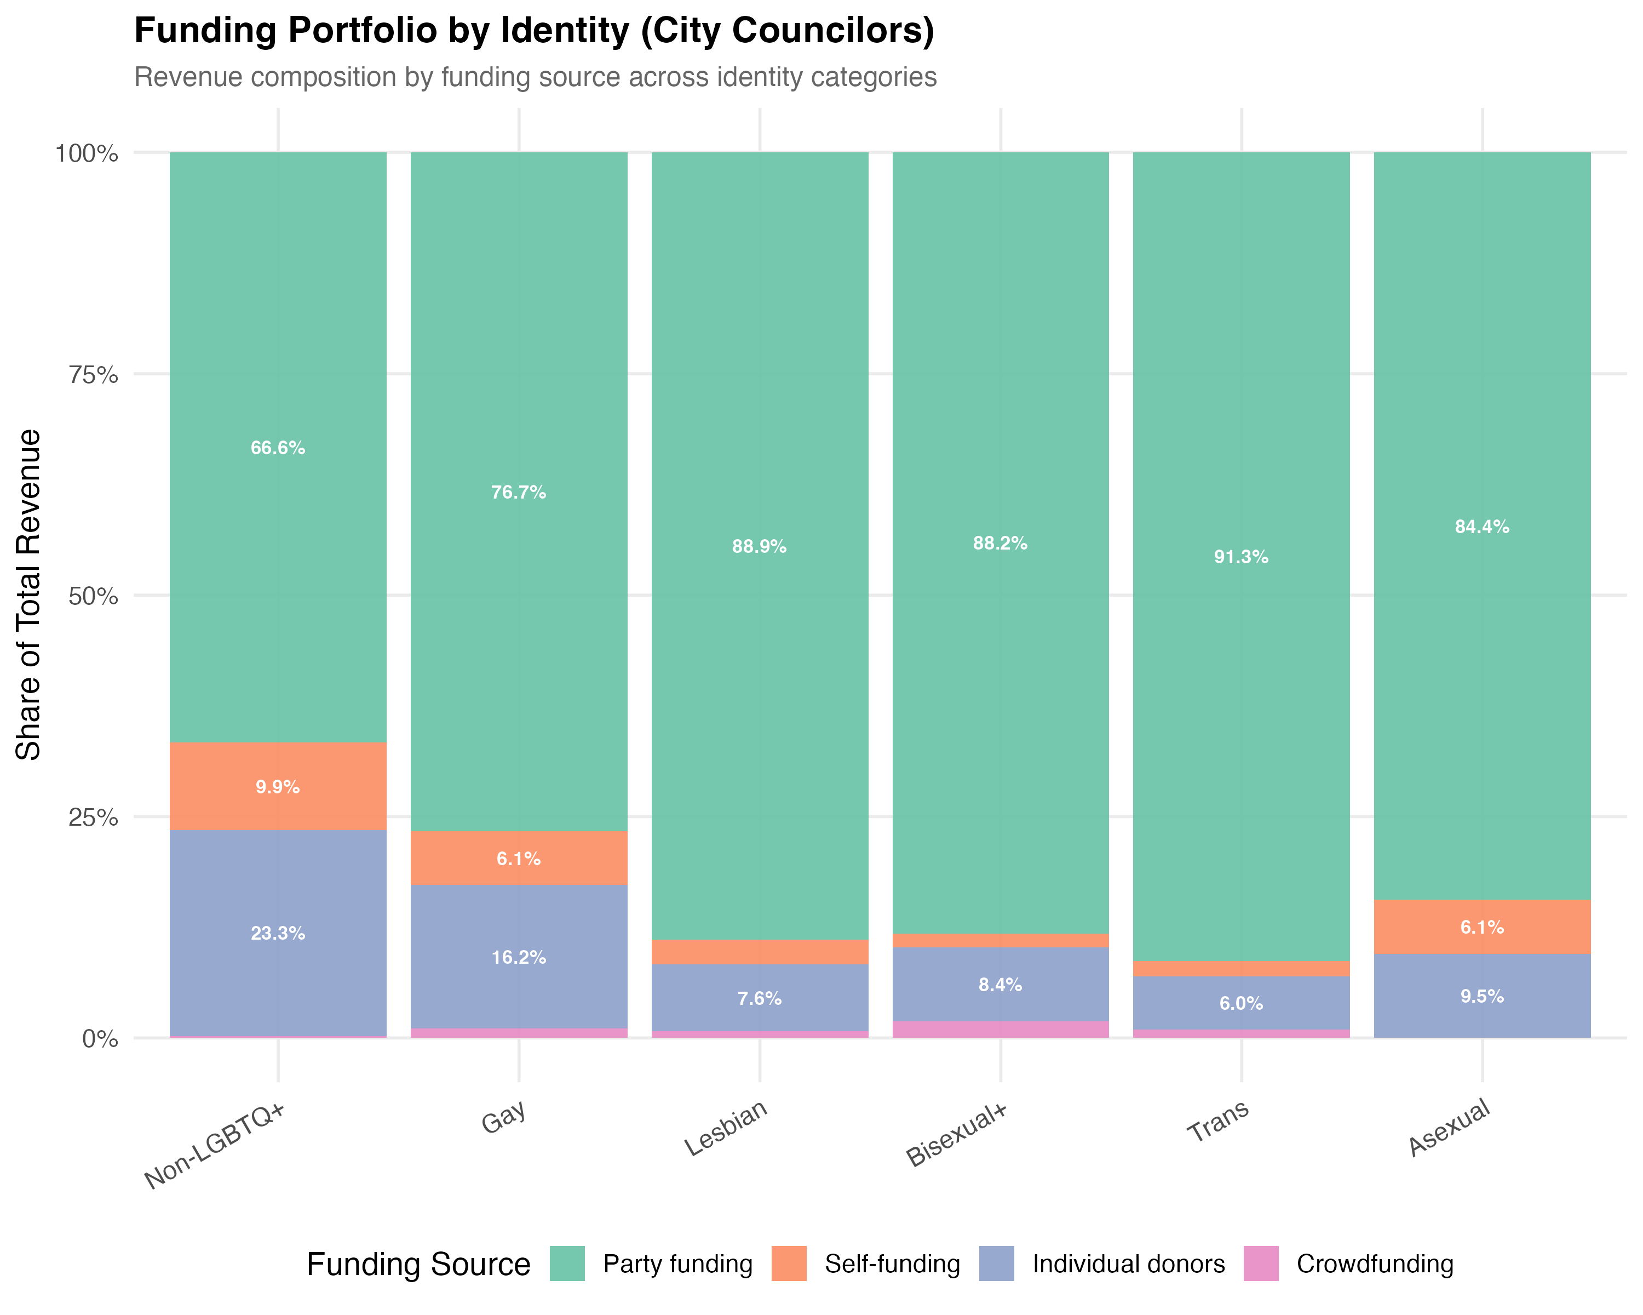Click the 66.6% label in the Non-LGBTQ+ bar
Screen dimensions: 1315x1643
pyautogui.click(x=277, y=448)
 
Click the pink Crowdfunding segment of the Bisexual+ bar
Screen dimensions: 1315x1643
pyautogui.click(x=1000, y=1029)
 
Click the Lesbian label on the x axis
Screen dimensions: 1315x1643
pyautogui.click(x=726, y=1128)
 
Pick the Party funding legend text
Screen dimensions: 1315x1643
pyautogui.click(x=677, y=1264)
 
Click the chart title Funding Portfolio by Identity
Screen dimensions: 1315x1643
pyautogui.click(x=533, y=31)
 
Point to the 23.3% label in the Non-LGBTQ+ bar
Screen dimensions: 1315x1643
pyautogui.click(x=277, y=933)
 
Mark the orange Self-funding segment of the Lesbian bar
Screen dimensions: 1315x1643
pyautogui.click(x=759, y=952)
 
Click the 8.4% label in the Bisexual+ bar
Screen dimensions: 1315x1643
pyautogui.click(x=1000, y=985)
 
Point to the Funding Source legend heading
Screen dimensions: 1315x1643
pyautogui.click(x=418, y=1264)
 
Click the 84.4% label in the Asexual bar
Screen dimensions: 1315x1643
pyautogui.click(x=1481, y=527)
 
